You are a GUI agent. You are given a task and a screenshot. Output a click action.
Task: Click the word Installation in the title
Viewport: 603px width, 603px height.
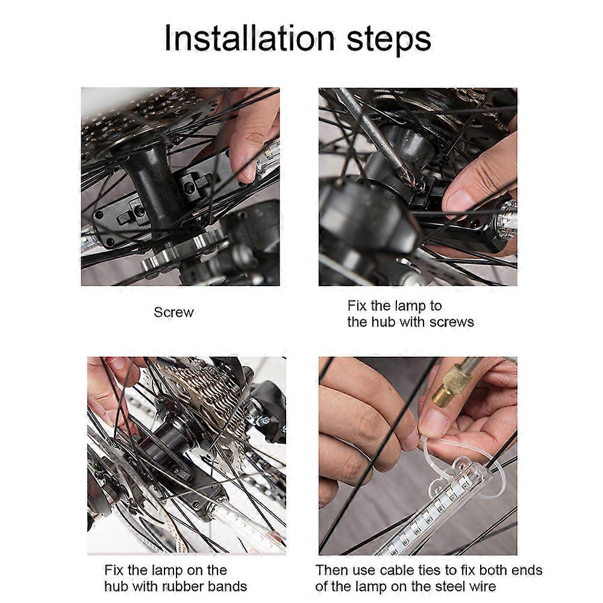[249, 38]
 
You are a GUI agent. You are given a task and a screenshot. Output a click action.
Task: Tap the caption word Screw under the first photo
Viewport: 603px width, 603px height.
[173, 312]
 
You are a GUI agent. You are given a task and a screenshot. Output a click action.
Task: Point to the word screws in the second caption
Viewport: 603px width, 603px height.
[451, 322]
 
